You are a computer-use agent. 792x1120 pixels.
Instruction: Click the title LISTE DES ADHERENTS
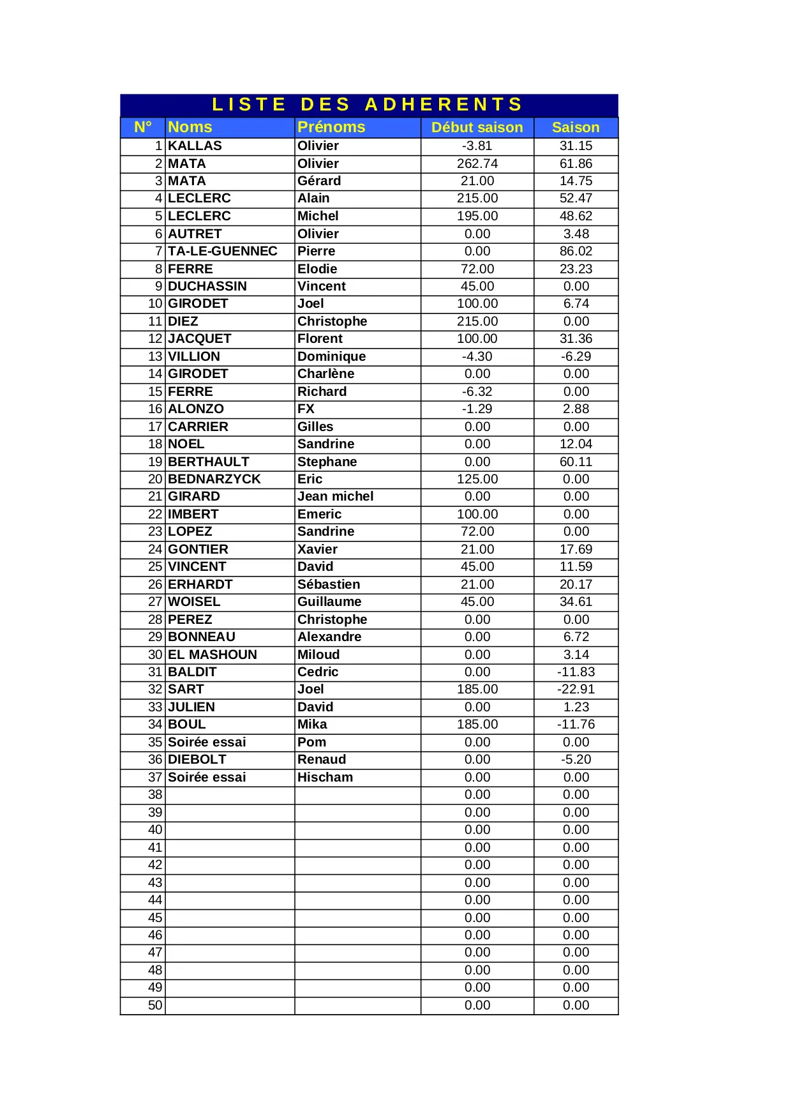[368, 105]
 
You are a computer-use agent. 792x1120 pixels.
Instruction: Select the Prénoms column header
[331, 127]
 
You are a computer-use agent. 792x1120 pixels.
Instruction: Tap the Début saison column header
[477, 128]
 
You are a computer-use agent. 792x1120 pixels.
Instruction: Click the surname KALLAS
[195, 146]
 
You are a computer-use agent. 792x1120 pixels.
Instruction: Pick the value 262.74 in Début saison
[477, 163]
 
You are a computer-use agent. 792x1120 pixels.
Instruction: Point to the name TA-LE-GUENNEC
[222, 251]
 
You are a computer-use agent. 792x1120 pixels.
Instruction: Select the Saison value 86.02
[576, 251]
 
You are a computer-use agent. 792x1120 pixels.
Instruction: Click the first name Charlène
[325, 374]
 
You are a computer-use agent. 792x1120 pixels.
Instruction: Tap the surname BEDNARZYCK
[214, 479]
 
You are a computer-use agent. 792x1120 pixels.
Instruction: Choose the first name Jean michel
[335, 496]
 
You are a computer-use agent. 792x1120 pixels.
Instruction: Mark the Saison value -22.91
[576, 689]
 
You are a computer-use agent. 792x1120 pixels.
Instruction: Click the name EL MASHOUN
[212, 655]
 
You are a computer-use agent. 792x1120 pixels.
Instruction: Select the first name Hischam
[325, 777]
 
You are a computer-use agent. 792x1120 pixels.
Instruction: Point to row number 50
[155, 1005]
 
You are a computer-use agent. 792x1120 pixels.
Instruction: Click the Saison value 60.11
[576, 462]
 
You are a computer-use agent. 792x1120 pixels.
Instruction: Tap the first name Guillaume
[329, 602]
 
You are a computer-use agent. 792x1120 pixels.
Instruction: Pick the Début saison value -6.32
[477, 391]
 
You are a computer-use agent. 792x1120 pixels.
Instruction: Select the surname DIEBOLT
[197, 759]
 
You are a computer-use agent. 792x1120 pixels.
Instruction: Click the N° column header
[143, 127]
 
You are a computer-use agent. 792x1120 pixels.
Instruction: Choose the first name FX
[306, 409]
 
